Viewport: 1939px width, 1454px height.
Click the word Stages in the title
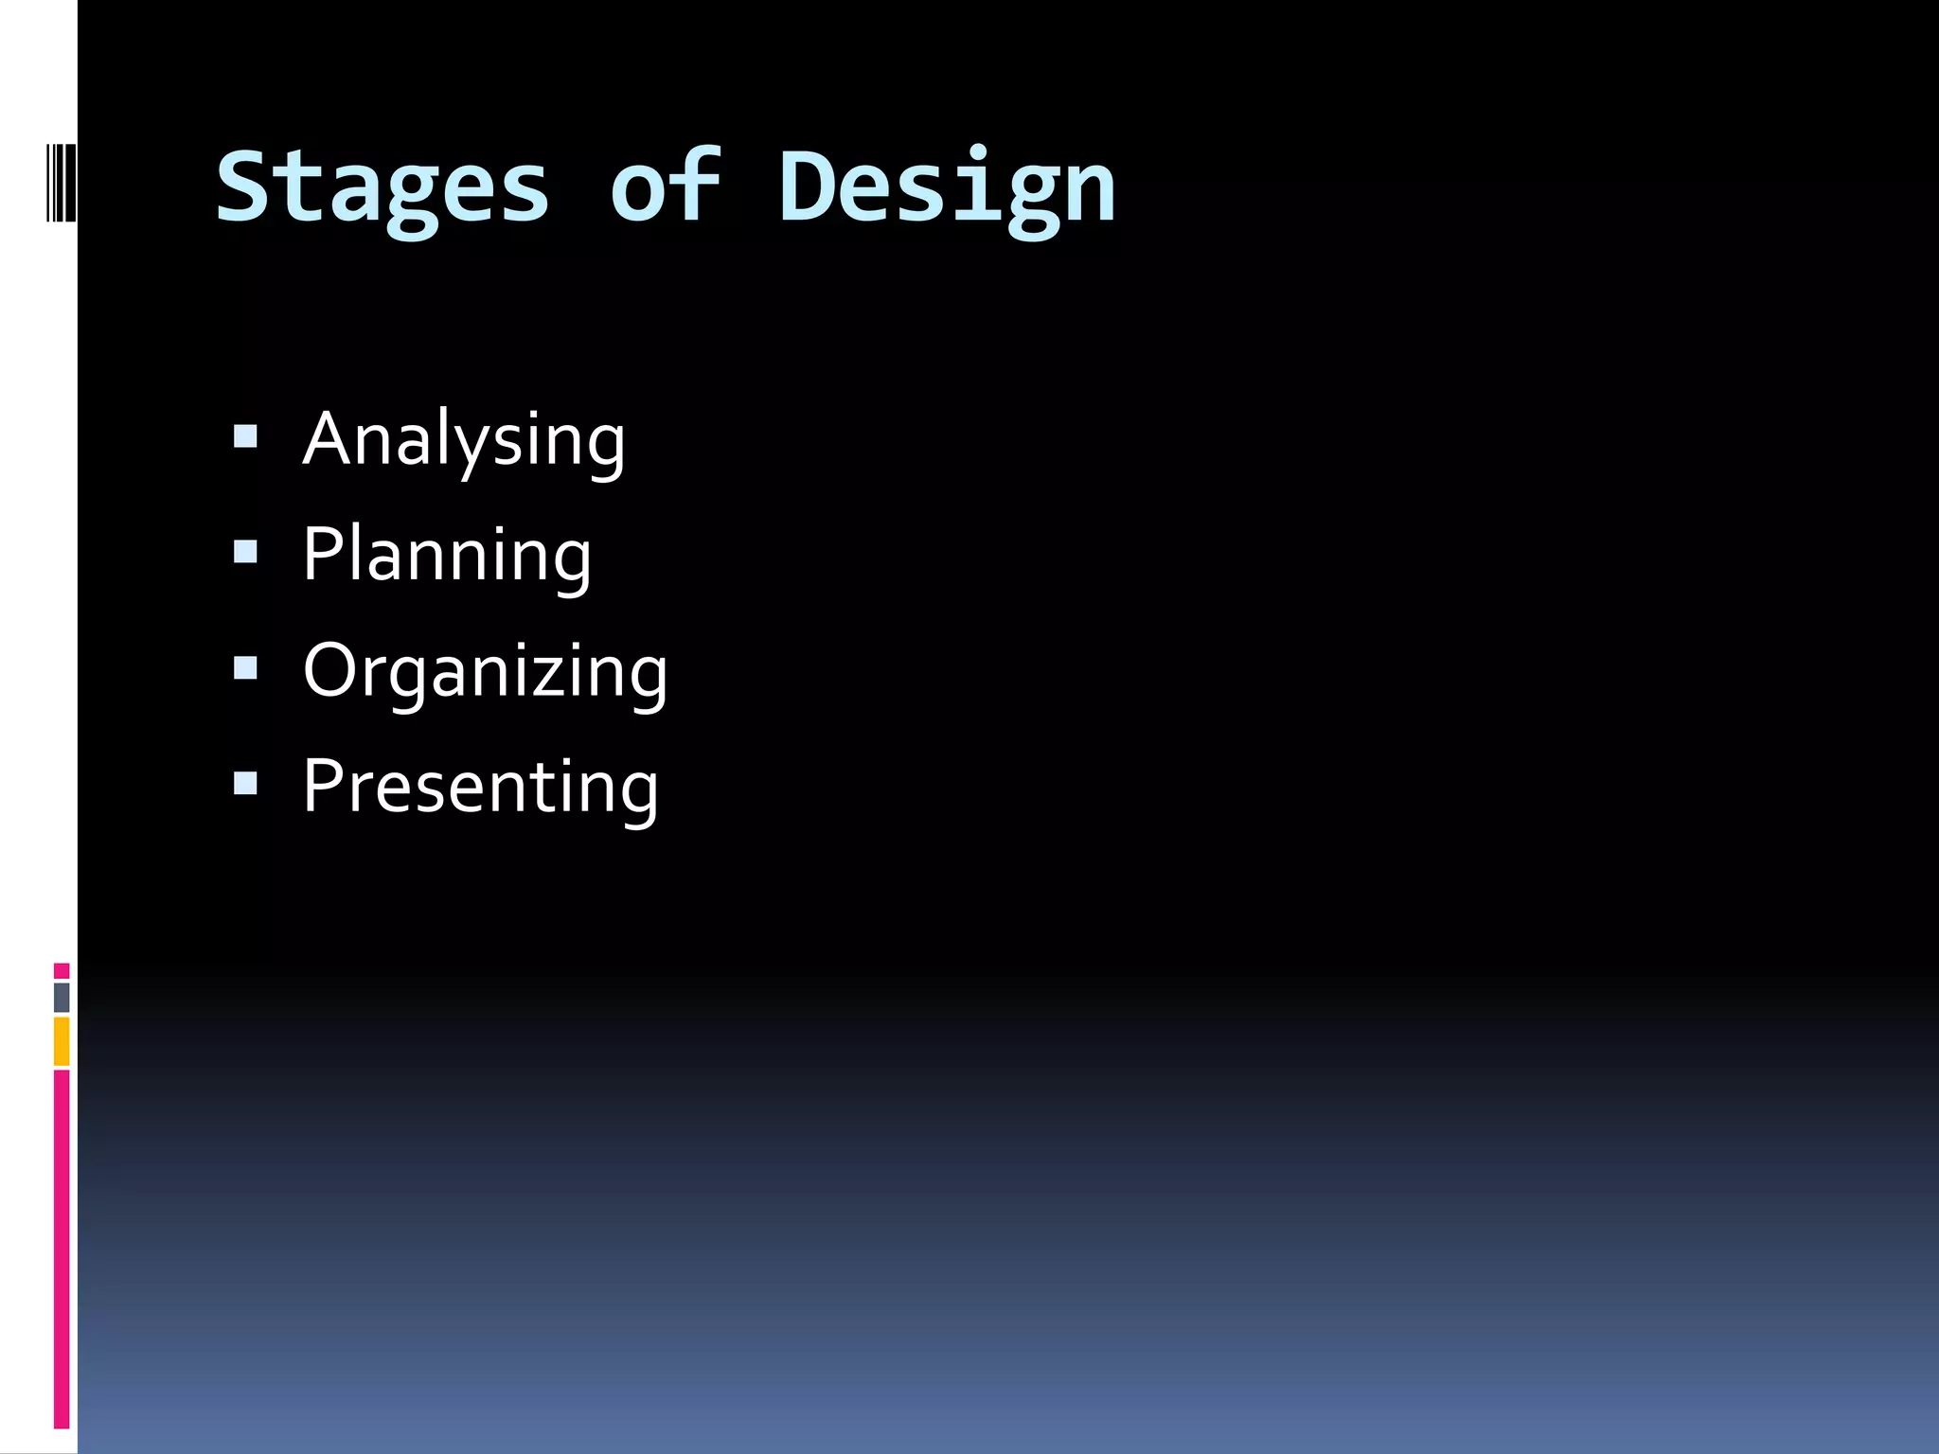click(x=382, y=187)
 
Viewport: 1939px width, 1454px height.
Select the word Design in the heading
click(x=947, y=187)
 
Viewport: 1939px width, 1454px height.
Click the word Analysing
click(x=464, y=440)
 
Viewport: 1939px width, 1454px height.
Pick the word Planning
click(x=447, y=556)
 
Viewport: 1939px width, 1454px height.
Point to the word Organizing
click(x=485, y=671)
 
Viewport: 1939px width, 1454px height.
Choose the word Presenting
click(x=480, y=786)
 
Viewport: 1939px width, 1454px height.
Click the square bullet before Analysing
click(x=245, y=436)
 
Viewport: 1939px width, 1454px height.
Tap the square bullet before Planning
click(x=245, y=552)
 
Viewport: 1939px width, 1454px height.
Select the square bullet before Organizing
click(x=245, y=668)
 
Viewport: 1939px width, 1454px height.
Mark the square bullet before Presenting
click(x=245, y=783)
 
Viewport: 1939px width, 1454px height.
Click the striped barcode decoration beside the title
click(x=62, y=182)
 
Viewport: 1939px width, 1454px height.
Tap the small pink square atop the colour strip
click(x=62, y=970)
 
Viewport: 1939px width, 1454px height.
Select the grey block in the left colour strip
click(x=62, y=997)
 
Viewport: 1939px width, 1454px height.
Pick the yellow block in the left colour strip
click(x=62, y=1040)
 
